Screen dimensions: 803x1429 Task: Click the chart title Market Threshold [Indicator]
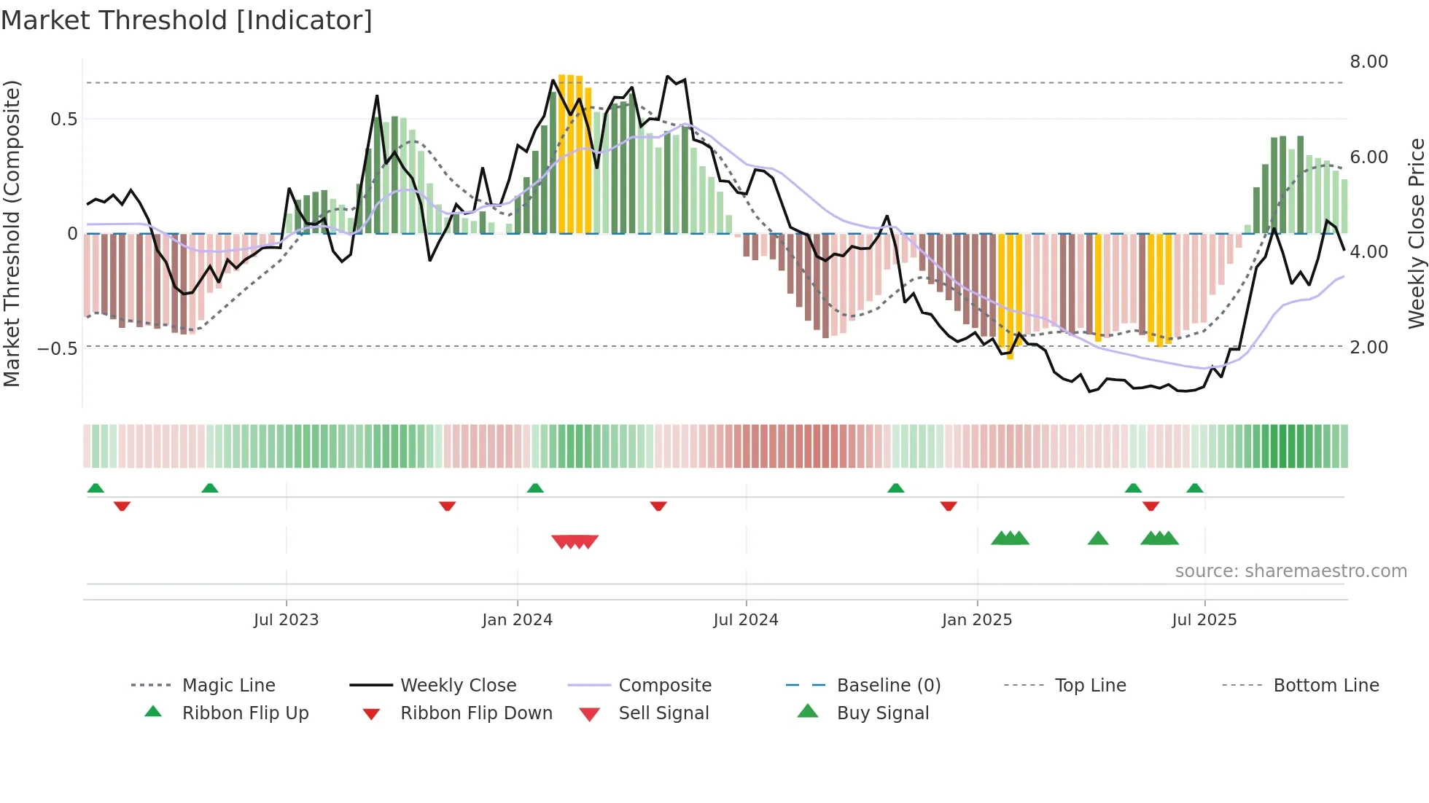[x=187, y=20]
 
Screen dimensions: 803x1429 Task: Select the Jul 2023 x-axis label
[x=286, y=620]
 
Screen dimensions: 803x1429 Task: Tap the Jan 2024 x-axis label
[x=517, y=620]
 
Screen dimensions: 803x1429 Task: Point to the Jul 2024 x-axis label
[x=745, y=620]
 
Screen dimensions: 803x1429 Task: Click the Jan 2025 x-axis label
[x=976, y=620]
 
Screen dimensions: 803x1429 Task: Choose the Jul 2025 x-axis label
[x=1204, y=620]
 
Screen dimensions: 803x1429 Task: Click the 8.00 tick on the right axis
[x=1368, y=62]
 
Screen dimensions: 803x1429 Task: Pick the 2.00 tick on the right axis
[x=1368, y=348]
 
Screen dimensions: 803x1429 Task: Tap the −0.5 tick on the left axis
[x=58, y=348]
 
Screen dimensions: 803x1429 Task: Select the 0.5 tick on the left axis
[x=63, y=120]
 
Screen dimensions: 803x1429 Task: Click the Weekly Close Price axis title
[x=1416, y=233]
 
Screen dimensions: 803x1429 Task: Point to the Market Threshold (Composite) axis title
[x=12, y=233]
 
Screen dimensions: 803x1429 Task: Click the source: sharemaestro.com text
[x=1290, y=571]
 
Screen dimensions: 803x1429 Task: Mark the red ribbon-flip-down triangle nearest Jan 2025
[x=948, y=506]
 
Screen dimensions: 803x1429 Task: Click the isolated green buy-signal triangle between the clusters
[x=1097, y=538]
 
